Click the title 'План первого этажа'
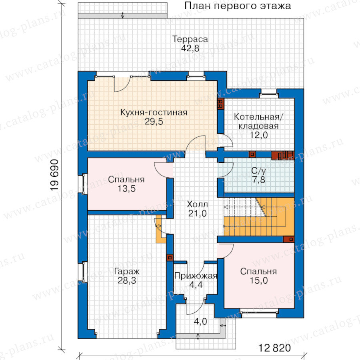pos(238,6)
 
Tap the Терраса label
pos(190,39)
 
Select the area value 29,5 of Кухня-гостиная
pos(154,122)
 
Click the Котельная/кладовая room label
pos(258,121)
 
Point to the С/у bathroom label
pos(258,171)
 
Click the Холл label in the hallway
pos(198,204)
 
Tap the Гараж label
pos(127,271)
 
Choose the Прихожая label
pos(196,276)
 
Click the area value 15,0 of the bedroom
pos(259,280)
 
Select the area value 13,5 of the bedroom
pos(126,188)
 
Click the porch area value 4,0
pos(200,322)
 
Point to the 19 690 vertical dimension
pos(55,175)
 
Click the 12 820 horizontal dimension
pos(274,348)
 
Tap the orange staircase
pos(259,217)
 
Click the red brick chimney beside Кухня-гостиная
pos(220,104)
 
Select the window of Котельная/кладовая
pos(269,94)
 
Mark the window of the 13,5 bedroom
pos(83,184)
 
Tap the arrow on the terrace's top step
pos(123,15)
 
